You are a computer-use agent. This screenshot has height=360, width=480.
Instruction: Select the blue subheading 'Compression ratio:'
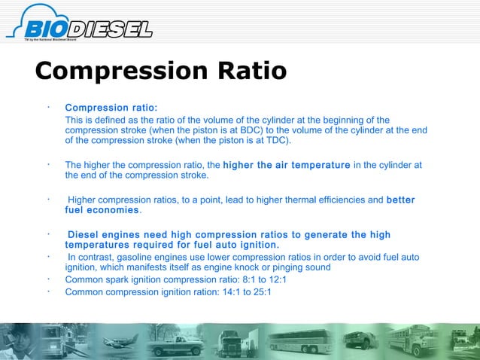111,108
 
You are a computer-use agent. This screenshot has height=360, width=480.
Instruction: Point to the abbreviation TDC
275,140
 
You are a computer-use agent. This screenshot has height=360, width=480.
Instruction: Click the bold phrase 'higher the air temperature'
286,165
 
